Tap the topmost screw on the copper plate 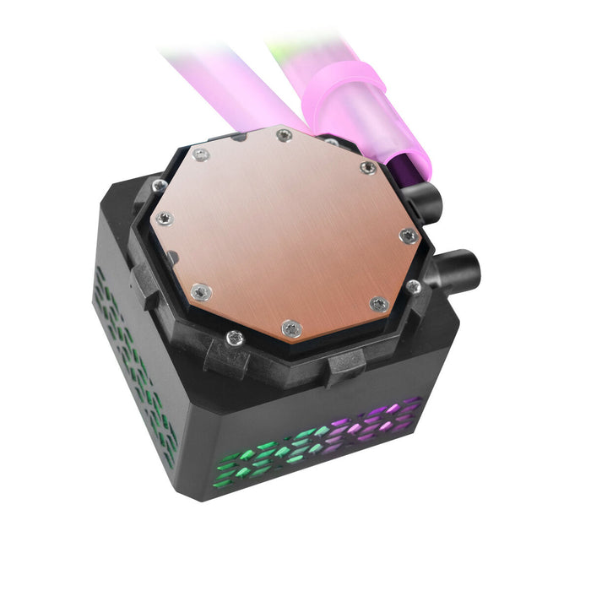coord(285,135)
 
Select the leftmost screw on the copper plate coord(165,219)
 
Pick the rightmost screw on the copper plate coord(408,236)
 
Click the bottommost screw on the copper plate coord(292,326)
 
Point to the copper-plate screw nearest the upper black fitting coord(368,168)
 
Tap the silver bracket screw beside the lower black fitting coord(413,286)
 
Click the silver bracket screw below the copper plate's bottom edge coord(234,339)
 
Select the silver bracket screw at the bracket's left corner coord(160,185)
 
